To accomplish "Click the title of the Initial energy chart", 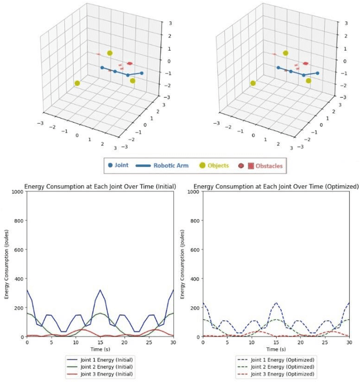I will [100, 186].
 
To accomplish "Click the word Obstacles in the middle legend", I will [269, 166].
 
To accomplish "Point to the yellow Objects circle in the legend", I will [202, 166].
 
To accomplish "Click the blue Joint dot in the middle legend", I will [110, 166].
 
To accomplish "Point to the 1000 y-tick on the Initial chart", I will [17, 192].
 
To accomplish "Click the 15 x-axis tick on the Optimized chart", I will [276, 342].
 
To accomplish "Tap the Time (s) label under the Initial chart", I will [100, 349].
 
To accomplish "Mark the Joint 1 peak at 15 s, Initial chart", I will [100, 290].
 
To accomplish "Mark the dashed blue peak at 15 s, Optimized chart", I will [276, 303].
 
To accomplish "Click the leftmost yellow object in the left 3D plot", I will [77, 83].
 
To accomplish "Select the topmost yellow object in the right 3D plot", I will [286, 53].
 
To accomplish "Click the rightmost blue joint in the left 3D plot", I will [141, 73].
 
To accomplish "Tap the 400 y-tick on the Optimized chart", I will [195, 279].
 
